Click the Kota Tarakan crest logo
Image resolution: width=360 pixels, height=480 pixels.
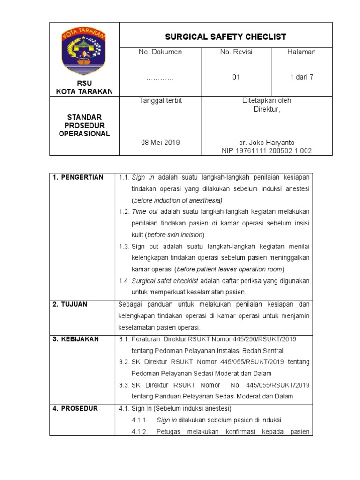click(84, 52)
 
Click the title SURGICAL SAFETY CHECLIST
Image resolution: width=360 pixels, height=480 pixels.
click(226, 37)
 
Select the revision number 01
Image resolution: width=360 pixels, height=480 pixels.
click(236, 77)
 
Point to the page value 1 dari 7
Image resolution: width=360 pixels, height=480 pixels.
click(301, 77)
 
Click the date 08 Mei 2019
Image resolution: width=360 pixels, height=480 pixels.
click(160, 142)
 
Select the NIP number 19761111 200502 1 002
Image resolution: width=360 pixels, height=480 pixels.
click(267, 150)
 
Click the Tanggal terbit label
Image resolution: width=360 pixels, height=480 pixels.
click(160, 100)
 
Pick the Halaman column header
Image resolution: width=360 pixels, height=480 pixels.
click(301, 52)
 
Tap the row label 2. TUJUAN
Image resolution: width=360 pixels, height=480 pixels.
click(70, 304)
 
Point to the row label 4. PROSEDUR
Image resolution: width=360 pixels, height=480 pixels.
click(75, 408)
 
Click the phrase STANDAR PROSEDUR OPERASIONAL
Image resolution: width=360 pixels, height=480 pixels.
click(84, 125)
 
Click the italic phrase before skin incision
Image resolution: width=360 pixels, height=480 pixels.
click(175, 234)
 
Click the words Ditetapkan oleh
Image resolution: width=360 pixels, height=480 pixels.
click(267, 100)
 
